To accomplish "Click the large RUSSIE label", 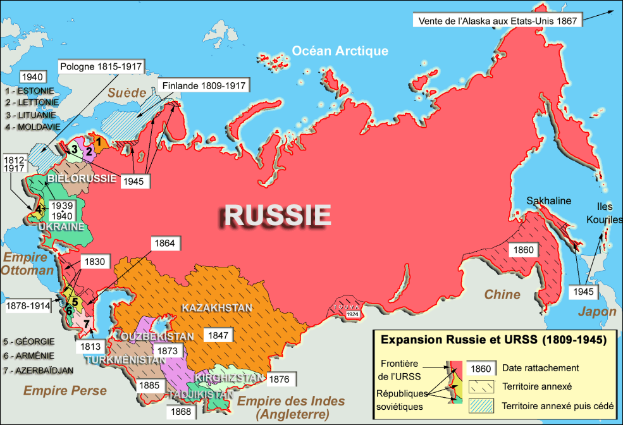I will pos(277,216).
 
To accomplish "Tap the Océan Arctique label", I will pos(340,51).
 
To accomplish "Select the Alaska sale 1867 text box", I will pos(497,20).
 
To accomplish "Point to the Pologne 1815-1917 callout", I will pos(101,66).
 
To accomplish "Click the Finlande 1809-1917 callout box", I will pos(204,85).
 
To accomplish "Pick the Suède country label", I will pos(126,93).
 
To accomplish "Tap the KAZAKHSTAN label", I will pos(217,308).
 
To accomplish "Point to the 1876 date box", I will pos(282,379).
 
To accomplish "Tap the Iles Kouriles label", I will pos(609,213).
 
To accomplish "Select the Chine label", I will pos(503,294).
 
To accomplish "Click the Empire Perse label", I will pos(65,390).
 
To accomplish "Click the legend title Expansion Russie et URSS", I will pos(493,340).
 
